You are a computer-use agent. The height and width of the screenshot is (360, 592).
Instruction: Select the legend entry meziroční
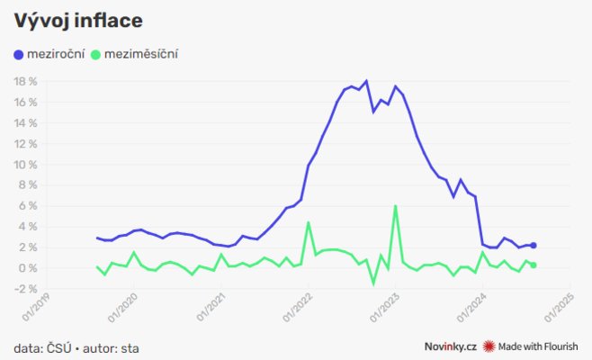pos(56,55)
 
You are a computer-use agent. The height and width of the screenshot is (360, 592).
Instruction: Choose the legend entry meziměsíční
pos(141,55)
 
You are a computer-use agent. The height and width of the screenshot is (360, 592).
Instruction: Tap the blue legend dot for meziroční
pos(19,55)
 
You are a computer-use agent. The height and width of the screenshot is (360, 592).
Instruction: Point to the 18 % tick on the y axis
pos(24,81)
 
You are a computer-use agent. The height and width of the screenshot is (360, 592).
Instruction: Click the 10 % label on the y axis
pos(24,165)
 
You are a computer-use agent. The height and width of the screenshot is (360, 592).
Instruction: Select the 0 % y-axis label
pos(28,268)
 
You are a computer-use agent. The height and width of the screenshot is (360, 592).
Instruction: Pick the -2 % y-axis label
pos(26,289)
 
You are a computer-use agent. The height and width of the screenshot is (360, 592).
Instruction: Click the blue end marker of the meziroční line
pos(534,245)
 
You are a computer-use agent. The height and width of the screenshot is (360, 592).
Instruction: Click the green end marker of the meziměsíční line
pos(534,265)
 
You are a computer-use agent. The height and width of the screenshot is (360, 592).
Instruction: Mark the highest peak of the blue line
pos(365,81)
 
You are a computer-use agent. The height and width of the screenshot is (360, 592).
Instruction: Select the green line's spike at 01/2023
pos(395,206)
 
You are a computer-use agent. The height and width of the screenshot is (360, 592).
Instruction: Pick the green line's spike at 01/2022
pos(309,222)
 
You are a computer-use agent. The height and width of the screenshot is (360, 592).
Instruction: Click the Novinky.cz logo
pos(450,346)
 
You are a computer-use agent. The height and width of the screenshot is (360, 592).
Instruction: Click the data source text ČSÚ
pos(59,347)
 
